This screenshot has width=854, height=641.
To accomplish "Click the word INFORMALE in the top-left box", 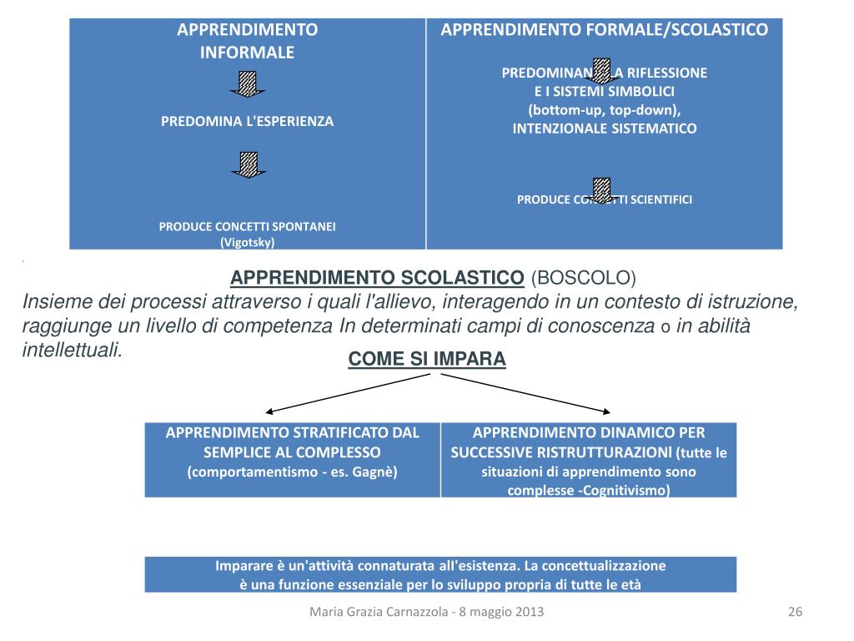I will pos(247,53).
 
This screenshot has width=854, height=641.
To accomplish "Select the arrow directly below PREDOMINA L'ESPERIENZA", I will pos(248,164).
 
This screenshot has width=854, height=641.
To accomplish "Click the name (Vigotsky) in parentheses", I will pos(247,242).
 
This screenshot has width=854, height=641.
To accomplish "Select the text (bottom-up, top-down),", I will pos(605,109).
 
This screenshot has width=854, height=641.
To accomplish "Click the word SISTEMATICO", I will pos(651,129).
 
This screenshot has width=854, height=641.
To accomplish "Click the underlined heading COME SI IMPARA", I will pos(427,359).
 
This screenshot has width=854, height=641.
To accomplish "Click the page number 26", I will pos(794,613).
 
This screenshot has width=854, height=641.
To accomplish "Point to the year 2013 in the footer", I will pos(530,613).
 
